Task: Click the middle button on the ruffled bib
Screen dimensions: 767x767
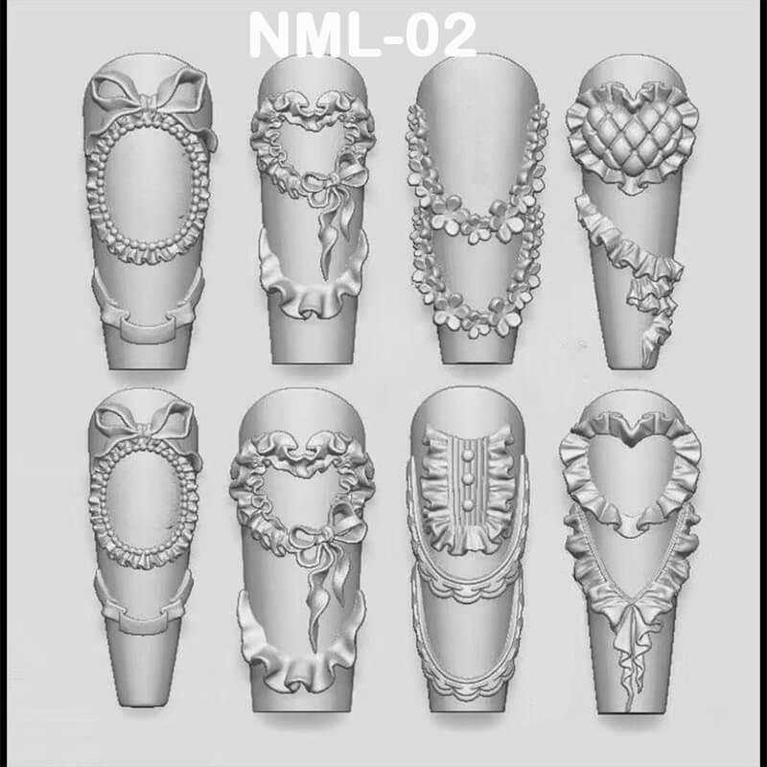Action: pyautogui.click(x=469, y=476)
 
